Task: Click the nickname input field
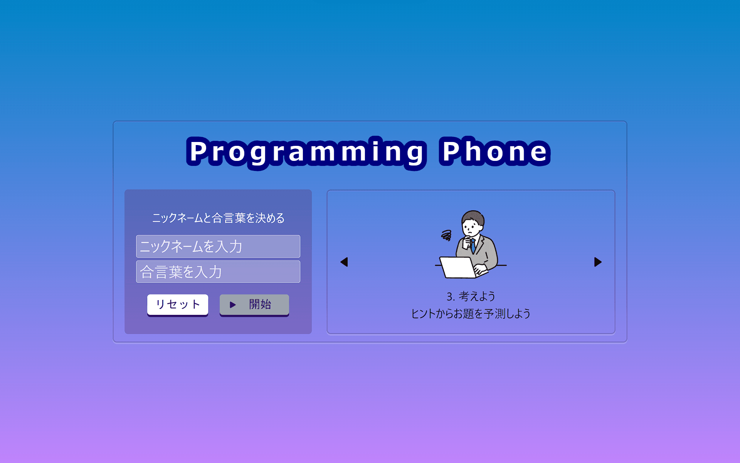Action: click(x=218, y=246)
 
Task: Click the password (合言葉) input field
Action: click(x=218, y=272)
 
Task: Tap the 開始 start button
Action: click(x=254, y=305)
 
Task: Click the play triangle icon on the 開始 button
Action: click(x=232, y=305)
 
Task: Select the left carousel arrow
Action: click(x=344, y=262)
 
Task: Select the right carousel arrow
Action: click(x=598, y=262)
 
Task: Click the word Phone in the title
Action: click(x=495, y=151)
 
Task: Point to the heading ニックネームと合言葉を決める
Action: click(x=218, y=218)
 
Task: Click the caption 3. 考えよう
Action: click(x=471, y=296)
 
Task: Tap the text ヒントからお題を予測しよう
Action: click(x=471, y=314)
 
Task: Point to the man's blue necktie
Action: click(x=473, y=245)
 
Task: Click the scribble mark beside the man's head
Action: click(x=446, y=235)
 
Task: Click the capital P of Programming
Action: click(x=199, y=151)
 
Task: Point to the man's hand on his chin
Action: click(x=468, y=243)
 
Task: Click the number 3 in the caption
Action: click(x=449, y=297)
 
